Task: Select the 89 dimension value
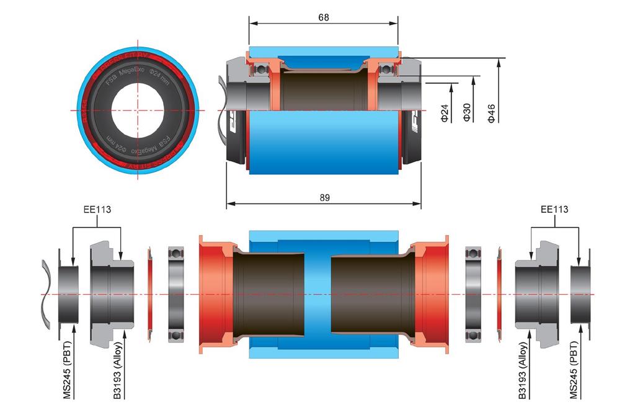point(324,197)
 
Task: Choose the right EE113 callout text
point(554,210)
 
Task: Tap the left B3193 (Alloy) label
point(118,369)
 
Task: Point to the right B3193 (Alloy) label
point(523,369)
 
